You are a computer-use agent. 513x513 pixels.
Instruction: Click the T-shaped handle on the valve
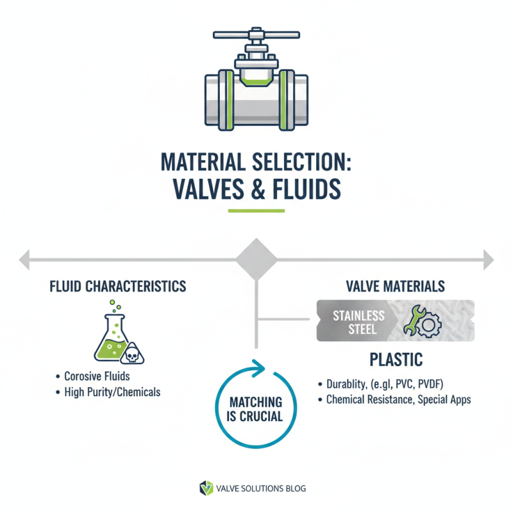pos(256,33)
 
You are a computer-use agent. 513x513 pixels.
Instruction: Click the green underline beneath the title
pos(256,210)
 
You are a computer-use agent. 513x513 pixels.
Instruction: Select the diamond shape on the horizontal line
pos(256,259)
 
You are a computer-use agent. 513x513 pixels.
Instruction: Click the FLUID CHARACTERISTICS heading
pos(118,286)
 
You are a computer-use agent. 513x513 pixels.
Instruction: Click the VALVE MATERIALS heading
pos(395,286)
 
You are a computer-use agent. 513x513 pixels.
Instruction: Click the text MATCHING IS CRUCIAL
pos(256,409)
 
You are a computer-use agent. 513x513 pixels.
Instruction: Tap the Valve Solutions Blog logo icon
pos(205,489)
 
